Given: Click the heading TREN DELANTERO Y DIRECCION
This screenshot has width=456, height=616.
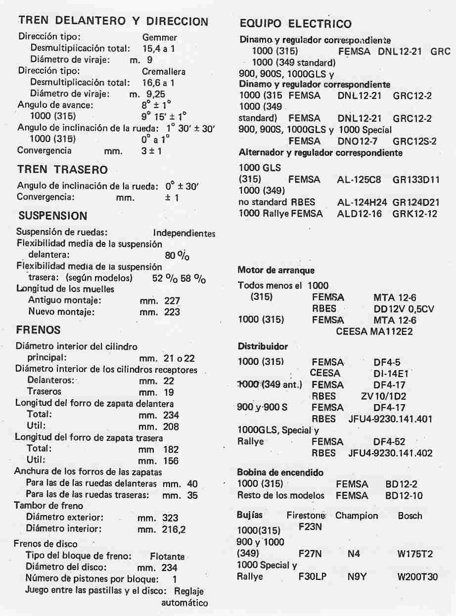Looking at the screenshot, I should click(113, 21).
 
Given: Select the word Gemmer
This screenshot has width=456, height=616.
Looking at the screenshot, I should click(159, 37).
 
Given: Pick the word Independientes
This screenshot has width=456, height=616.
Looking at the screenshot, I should click(184, 233).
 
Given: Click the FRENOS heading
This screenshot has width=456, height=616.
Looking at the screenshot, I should click(38, 330).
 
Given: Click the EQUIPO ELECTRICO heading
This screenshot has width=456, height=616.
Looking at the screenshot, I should click(295, 24).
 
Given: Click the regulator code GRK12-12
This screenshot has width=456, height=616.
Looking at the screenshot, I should click(415, 214).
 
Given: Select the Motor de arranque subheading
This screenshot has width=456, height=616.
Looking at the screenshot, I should click(276, 270).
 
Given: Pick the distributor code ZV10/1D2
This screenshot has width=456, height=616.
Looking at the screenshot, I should click(379, 396).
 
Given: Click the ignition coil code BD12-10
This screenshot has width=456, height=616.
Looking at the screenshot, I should click(404, 495).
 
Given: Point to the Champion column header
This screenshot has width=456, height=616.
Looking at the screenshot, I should click(356, 516).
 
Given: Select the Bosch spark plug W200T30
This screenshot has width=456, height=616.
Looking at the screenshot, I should click(417, 576).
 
